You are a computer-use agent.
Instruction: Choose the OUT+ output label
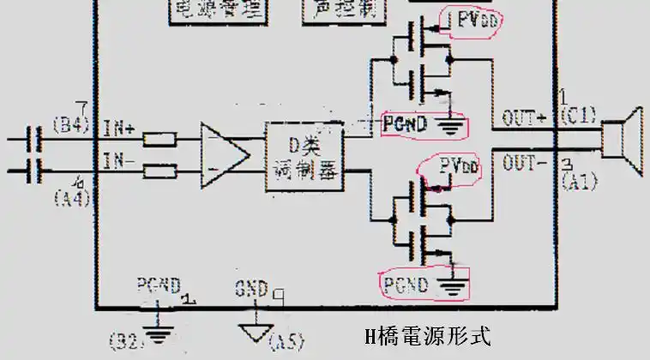click(x=525, y=119)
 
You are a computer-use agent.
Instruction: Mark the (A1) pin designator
click(x=576, y=180)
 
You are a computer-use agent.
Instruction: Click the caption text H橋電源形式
click(x=428, y=335)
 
